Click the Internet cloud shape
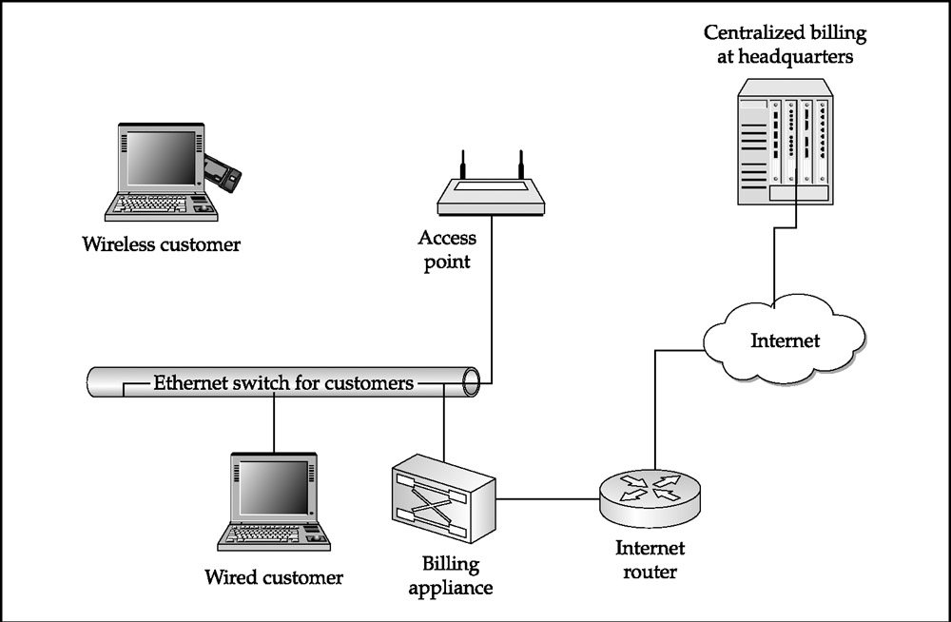[784, 340]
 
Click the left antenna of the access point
[461, 164]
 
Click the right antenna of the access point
[520, 164]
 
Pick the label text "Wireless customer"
[162, 244]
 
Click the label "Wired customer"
[274, 577]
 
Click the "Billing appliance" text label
[451, 576]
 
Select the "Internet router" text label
[650, 560]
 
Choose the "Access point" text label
[447, 250]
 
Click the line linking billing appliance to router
[548, 497]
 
